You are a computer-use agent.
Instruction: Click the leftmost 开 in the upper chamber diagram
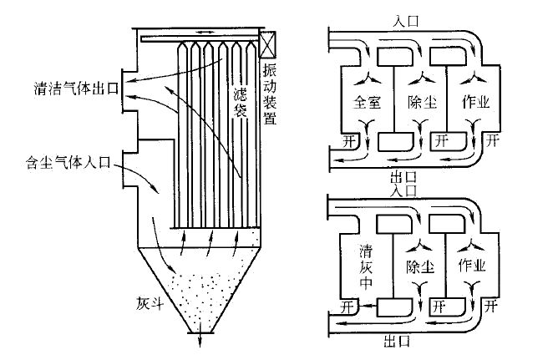[x=347, y=139]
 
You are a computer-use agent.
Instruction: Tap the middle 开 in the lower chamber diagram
[x=440, y=306]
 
